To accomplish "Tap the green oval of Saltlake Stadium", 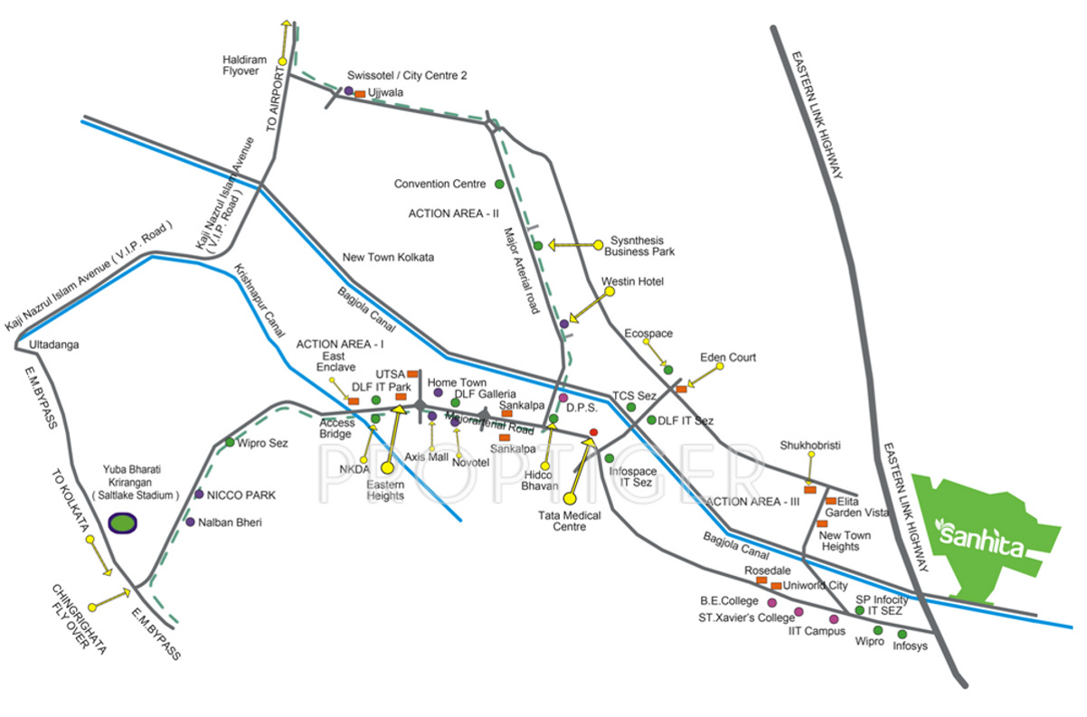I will (x=121, y=523).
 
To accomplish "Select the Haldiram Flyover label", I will (x=241, y=64).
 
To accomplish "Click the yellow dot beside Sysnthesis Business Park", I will (x=597, y=244).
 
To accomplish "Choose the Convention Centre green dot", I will (x=499, y=184).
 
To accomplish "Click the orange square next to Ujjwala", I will (x=359, y=94).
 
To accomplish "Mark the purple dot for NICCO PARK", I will (x=199, y=494).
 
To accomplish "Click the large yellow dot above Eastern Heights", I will (x=387, y=468).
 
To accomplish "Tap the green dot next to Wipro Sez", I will (x=230, y=442).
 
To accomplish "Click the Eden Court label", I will (x=728, y=358).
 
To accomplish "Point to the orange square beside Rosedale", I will (x=761, y=580).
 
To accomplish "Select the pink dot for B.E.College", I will (x=771, y=602).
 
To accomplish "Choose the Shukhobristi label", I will (x=810, y=445).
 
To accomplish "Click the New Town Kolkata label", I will (x=388, y=258).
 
